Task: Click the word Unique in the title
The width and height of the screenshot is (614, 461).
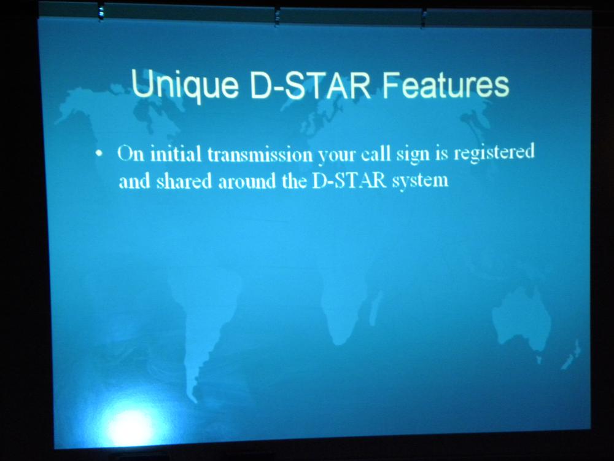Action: [x=184, y=85]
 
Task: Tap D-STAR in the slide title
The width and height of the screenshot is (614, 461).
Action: [x=310, y=85]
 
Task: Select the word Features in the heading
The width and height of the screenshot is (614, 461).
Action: [x=446, y=84]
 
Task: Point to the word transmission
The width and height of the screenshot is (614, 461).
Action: [x=260, y=154]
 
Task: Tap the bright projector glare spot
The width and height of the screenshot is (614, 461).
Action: [x=131, y=427]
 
